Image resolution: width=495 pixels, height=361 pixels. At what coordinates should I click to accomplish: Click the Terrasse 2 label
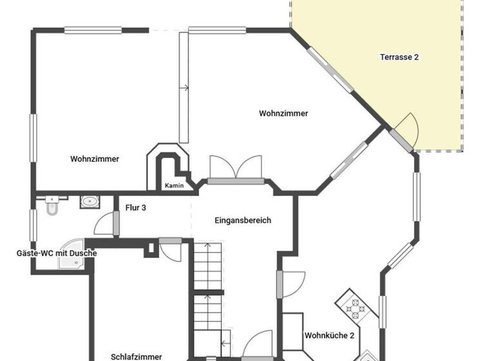(399, 57)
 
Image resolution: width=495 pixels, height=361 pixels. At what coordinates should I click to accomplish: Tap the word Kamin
(174, 186)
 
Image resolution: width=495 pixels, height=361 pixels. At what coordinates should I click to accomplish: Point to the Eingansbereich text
(243, 220)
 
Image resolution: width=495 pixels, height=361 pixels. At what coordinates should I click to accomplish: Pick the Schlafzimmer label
(136, 356)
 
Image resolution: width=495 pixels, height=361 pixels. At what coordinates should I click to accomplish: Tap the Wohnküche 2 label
(329, 335)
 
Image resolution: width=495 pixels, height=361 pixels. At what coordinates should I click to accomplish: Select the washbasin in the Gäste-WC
(89, 202)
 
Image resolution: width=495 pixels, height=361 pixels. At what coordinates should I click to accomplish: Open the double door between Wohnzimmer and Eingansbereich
(236, 169)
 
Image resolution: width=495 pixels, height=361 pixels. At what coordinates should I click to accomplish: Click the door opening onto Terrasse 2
(404, 133)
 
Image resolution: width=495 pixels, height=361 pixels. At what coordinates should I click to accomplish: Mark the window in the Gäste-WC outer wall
(33, 225)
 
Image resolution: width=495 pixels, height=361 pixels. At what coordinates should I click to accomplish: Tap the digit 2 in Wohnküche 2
(352, 335)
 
